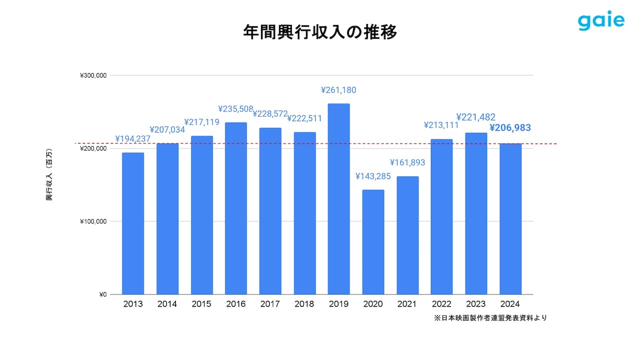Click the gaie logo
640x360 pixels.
[x=601, y=20]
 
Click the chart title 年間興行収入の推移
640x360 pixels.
[x=320, y=32]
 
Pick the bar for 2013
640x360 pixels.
[x=133, y=223]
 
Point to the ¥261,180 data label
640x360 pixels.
[x=338, y=90]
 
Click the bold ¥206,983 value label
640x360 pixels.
[x=510, y=128]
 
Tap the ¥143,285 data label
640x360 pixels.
[x=373, y=176]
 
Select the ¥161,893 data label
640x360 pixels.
[x=407, y=162]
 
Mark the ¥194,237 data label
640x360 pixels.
[x=133, y=139]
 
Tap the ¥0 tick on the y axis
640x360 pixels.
[x=102, y=294]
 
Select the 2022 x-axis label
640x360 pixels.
[x=441, y=304]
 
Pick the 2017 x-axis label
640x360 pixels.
[x=270, y=304]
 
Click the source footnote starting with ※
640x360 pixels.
[x=490, y=318]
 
